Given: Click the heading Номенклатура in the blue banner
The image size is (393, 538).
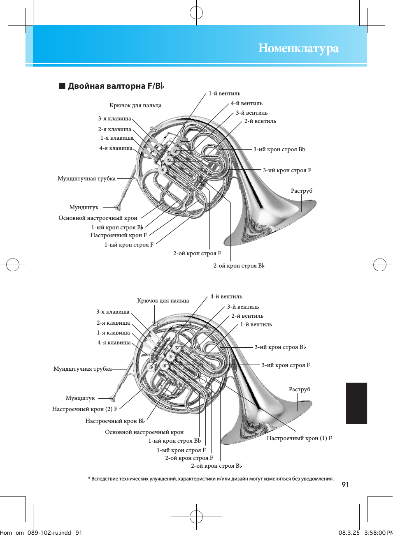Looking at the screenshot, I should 298,48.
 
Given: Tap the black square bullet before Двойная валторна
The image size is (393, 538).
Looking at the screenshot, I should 62,86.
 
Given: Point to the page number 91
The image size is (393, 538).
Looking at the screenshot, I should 345,485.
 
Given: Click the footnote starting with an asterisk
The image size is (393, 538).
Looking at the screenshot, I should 211,479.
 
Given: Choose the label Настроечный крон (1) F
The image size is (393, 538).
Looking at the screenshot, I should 299,439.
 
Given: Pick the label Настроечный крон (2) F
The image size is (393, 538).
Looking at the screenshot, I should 85,409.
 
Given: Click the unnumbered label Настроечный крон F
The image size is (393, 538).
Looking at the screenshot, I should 119,236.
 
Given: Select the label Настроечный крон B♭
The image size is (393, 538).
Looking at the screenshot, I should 115,421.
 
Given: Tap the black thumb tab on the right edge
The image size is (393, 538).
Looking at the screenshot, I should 356,403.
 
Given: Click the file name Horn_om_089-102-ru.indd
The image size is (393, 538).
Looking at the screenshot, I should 36,533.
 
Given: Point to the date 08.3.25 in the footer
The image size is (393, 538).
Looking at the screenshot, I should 349,533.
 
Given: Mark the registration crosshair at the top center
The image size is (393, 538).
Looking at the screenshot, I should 196,13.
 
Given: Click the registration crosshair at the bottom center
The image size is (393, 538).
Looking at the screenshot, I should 196,517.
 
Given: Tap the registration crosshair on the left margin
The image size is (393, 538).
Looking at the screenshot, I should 13,265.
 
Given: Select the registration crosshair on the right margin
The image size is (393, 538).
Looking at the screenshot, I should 380,265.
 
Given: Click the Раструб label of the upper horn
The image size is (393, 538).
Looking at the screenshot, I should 302,191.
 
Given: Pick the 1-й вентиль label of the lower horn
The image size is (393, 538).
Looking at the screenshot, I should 256,325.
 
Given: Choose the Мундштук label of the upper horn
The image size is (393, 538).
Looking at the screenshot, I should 84,208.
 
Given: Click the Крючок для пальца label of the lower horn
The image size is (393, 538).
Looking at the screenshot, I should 163,301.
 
